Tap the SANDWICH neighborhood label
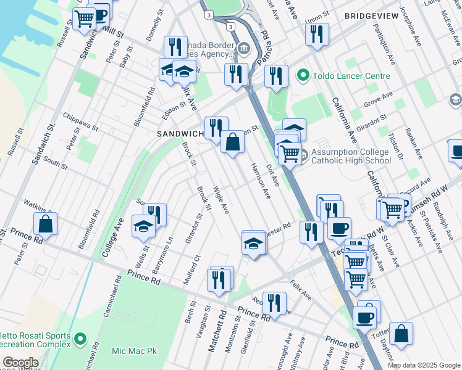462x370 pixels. point(180,134)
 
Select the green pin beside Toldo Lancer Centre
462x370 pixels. point(303,76)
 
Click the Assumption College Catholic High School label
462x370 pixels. point(351,156)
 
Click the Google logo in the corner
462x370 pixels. point(20,363)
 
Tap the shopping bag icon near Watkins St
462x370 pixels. point(46,226)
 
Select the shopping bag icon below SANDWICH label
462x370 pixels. point(232,144)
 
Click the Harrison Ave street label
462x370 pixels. point(260,181)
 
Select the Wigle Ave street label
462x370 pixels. point(221,200)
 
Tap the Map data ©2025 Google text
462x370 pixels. point(423,365)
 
